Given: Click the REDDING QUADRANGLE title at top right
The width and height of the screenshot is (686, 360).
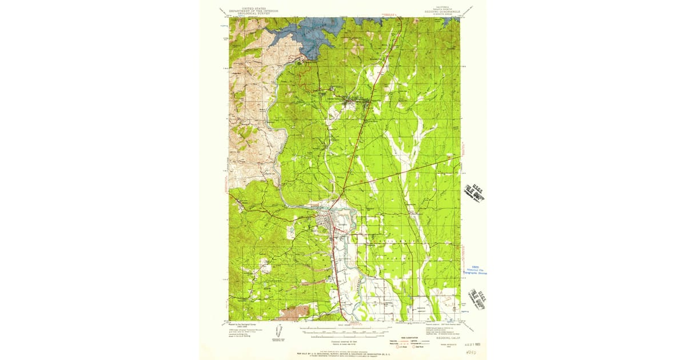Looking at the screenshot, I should coord(441,11).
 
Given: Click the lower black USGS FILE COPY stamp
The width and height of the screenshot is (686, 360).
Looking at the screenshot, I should coord(476,298).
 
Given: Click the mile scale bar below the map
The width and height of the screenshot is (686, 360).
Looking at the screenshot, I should coord(343,330).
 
